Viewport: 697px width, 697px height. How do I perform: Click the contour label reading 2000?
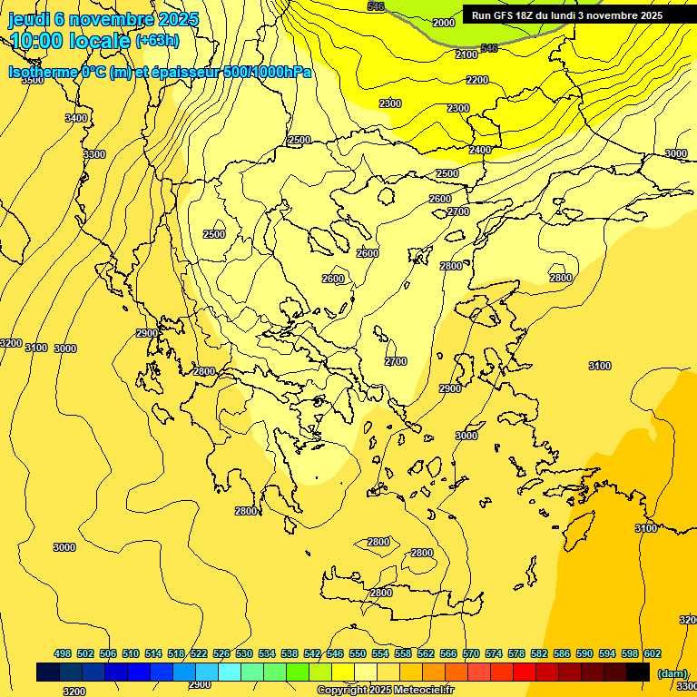pyautogui.click(x=444, y=23)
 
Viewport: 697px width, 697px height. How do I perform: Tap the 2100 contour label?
pyautogui.click(x=466, y=55)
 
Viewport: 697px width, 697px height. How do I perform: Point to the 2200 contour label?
pyautogui.click(x=477, y=80)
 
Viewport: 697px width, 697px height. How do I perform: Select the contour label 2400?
pyautogui.click(x=480, y=150)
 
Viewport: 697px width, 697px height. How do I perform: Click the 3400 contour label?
pyautogui.click(x=76, y=118)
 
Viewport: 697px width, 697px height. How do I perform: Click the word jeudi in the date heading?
pyautogui.click(x=28, y=19)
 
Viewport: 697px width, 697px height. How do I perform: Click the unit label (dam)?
pyautogui.click(x=672, y=672)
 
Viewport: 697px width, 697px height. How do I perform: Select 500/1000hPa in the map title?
pyautogui.click(x=268, y=72)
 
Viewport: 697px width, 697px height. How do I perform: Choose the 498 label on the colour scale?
pyautogui.click(x=63, y=653)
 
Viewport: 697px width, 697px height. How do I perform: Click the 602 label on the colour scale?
pyautogui.click(x=653, y=653)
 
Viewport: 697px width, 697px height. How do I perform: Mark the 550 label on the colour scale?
pyautogui.click(x=358, y=653)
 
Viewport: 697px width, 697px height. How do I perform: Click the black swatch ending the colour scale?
pyautogui.click(x=638, y=672)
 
